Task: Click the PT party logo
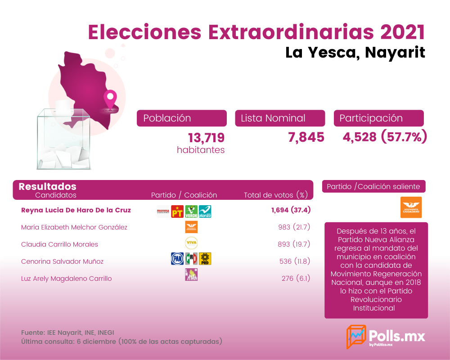click(x=177, y=211)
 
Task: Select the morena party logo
click(x=163, y=211)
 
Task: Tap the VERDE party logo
click(x=191, y=211)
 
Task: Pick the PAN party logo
click(x=177, y=259)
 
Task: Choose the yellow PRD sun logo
click(x=205, y=259)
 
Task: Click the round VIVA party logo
click(x=191, y=243)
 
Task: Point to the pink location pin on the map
click(x=110, y=99)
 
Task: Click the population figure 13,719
click(x=206, y=138)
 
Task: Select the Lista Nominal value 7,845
click(x=306, y=137)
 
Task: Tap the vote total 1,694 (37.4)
click(x=291, y=210)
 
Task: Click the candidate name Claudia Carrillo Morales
click(x=59, y=244)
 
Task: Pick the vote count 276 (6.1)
click(x=296, y=279)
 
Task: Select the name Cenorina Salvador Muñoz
click(x=62, y=261)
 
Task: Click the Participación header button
click(x=379, y=118)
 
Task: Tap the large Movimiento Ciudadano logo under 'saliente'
click(x=411, y=207)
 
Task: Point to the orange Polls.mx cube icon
click(x=356, y=337)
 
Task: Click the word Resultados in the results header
click(x=47, y=187)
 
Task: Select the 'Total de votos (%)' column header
click(x=276, y=195)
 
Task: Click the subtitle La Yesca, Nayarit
click(x=355, y=53)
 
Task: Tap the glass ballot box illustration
click(x=63, y=139)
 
